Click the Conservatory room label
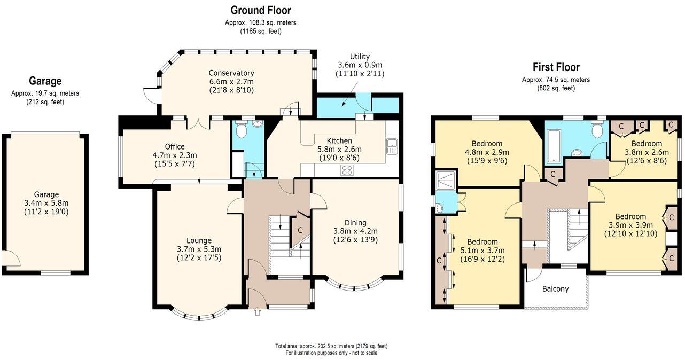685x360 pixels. coord(231,73)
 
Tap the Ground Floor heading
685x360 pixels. coord(261,10)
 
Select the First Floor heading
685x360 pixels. coord(556,67)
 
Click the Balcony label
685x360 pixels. coord(555,289)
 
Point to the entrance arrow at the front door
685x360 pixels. coord(257,311)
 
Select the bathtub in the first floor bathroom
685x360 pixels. coord(554,146)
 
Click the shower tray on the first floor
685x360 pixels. coord(446,181)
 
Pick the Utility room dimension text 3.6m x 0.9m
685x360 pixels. coord(360,65)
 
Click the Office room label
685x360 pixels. coord(175,147)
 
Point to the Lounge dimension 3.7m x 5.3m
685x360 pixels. coord(199,249)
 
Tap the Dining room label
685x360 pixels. coord(355,223)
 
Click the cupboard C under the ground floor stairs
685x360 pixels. coord(300,230)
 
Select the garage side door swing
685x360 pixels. coord(12,259)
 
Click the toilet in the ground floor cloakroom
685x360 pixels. coord(242,130)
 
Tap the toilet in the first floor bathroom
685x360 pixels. coord(597,130)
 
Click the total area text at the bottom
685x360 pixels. coord(331,346)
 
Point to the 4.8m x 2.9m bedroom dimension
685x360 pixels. coord(487,152)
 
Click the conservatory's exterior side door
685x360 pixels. coord(151,95)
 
